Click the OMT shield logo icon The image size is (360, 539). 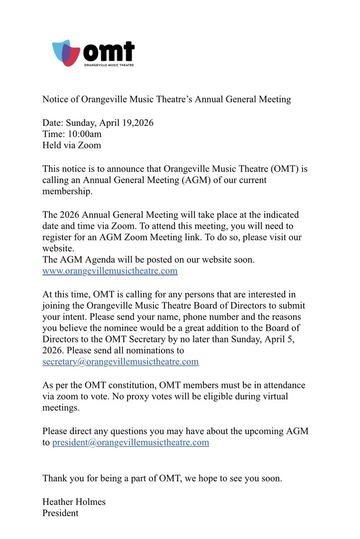click(66, 53)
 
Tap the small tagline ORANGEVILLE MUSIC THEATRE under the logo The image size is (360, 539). click(108, 65)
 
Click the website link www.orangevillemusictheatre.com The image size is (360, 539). click(110, 271)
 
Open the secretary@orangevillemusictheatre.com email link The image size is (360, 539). click(120, 362)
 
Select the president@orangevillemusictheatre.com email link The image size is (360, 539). click(131, 442)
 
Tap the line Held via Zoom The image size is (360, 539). click(71, 145)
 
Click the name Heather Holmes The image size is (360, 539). click(74, 502)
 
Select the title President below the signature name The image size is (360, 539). click(60, 513)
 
